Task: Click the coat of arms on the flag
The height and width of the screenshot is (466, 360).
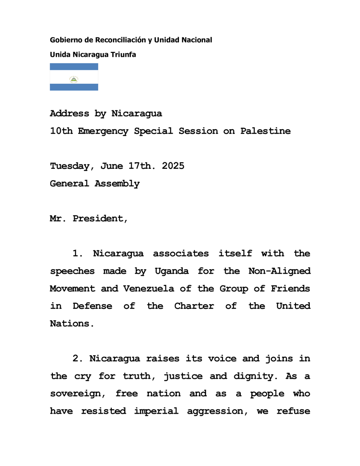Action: (74, 79)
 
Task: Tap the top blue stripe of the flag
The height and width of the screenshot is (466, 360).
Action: (74, 66)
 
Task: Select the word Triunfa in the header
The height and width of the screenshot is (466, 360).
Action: (124, 55)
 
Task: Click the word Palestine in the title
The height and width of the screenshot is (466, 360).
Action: (265, 131)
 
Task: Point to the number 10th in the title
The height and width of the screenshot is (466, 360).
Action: (61, 131)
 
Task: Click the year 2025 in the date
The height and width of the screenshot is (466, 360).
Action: (173, 166)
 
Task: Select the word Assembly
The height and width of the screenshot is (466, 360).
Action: (117, 184)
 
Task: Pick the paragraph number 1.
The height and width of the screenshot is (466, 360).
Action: (77, 254)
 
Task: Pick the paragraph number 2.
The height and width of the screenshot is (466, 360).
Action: (77, 359)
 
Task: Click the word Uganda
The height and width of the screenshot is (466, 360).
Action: (171, 271)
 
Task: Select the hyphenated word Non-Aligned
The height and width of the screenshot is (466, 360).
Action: (279, 271)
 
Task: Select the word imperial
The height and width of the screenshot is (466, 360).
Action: (156, 411)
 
